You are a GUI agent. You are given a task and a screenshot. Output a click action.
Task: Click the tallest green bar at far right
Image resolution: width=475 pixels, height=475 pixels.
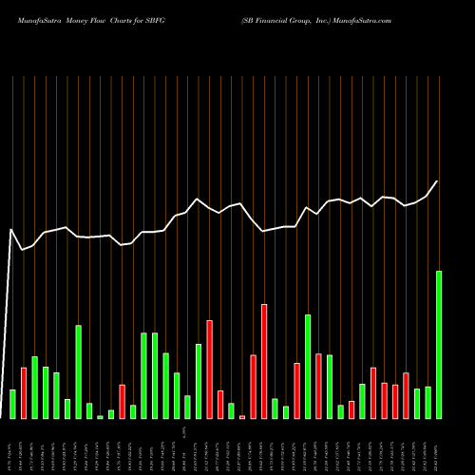tap(439, 344)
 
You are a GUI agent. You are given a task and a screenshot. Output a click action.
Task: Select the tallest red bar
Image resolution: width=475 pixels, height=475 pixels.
tap(264, 361)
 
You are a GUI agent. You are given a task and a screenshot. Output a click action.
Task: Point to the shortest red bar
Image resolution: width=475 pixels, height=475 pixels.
tap(242, 416)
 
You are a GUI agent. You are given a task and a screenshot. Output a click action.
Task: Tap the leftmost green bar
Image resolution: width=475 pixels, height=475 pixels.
tap(12, 404)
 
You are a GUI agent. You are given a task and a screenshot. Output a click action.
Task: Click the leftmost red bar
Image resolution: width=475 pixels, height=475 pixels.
tap(24, 392)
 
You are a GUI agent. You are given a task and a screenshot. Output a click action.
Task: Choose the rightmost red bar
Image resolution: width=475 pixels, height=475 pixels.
tap(406, 395)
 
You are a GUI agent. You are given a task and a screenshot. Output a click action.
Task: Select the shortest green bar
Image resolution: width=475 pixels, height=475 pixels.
tap(100, 416)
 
